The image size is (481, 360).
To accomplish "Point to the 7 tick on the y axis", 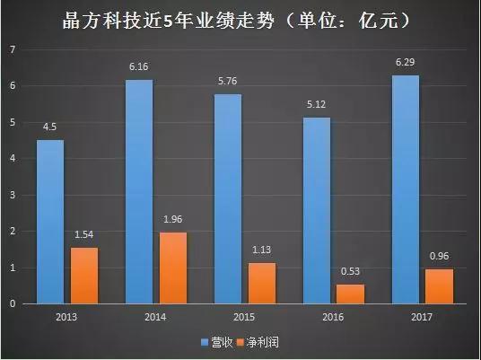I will (13, 49).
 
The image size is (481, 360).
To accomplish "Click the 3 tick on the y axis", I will (13, 195).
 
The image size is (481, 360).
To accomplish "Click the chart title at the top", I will (240, 18).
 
